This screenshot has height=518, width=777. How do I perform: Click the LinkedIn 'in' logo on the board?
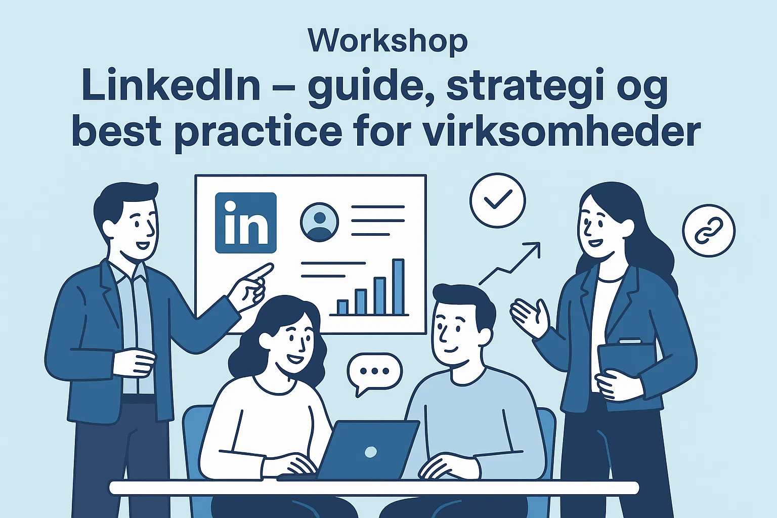point(245,223)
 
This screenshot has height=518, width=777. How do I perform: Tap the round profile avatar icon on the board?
point(319,222)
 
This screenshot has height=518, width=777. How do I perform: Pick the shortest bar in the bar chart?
point(342,307)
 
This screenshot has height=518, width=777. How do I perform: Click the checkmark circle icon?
point(498,200)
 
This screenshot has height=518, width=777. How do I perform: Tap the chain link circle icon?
point(709,231)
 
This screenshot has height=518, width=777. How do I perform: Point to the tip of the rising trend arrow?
point(540,243)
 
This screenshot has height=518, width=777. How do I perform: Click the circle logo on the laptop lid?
point(371,451)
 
